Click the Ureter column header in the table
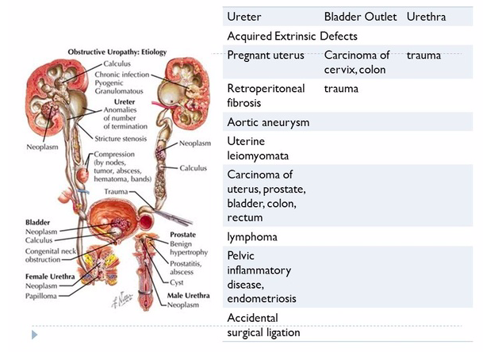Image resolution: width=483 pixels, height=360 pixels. click(x=243, y=17)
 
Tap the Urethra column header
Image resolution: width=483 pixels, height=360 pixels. click(x=426, y=17)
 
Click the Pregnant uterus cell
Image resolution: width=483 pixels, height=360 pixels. click(x=266, y=56)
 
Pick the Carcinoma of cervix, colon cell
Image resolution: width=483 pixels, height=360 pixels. click(x=357, y=63)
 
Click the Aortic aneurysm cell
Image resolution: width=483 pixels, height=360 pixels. click(x=268, y=122)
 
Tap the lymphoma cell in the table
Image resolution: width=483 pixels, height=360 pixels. click(x=252, y=237)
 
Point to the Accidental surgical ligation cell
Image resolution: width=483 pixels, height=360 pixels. click(x=263, y=325)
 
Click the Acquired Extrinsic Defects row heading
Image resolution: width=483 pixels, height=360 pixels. click(x=292, y=36)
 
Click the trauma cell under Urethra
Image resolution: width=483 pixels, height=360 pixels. click(x=424, y=56)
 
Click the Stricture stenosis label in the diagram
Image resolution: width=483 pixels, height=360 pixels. click(x=131, y=139)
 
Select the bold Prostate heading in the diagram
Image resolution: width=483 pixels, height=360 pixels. click(x=183, y=235)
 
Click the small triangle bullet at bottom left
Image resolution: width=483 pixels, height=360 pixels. click(x=34, y=335)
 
